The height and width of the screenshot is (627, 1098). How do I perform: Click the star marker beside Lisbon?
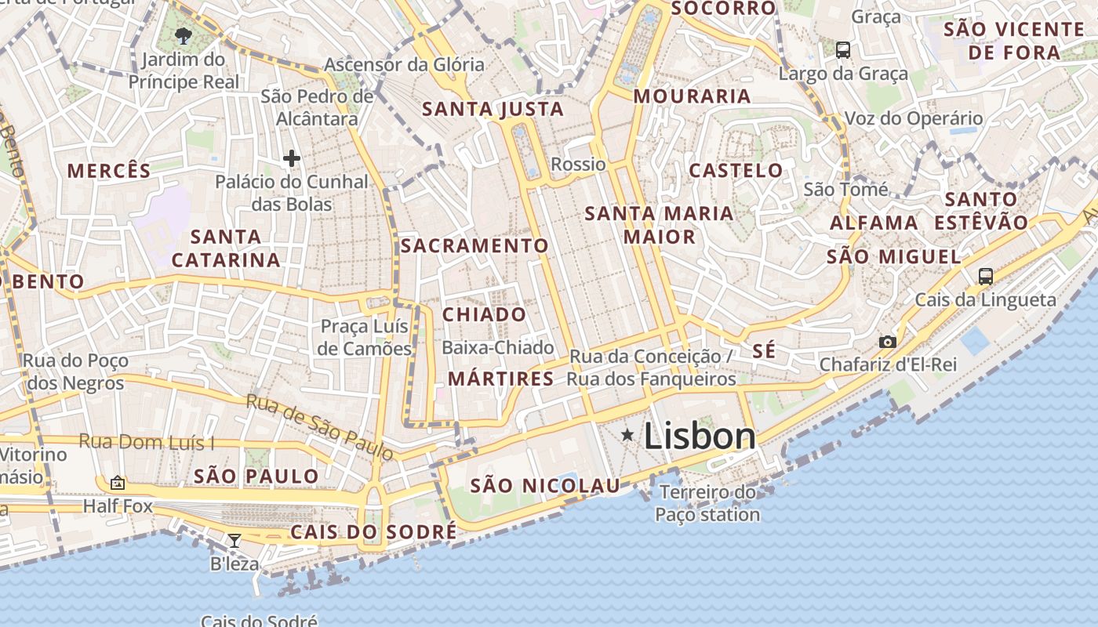click(627, 434)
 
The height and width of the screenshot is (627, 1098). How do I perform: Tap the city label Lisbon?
click(700, 437)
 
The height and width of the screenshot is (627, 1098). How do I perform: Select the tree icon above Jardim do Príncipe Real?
click(184, 35)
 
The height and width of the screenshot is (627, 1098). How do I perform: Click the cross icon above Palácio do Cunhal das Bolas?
click(292, 158)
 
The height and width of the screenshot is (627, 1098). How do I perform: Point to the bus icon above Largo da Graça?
click(843, 50)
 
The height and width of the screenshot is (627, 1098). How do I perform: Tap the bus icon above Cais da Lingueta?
click(986, 276)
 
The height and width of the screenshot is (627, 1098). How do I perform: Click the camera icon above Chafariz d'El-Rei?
click(888, 342)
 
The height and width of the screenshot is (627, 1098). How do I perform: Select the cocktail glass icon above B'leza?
click(235, 540)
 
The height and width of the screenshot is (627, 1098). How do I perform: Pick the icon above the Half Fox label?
click(118, 483)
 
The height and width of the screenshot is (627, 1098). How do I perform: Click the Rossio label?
click(579, 164)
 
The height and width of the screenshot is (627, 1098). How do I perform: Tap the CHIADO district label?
click(485, 314)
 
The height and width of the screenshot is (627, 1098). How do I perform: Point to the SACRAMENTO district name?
click(474, 245)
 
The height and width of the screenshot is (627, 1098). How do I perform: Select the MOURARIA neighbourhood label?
click(693, 96)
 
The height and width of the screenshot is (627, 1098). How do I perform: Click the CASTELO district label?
click(736, 170)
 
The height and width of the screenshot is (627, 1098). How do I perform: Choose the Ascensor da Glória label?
click(405, 64)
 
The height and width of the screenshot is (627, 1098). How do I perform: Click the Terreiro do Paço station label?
click(707, 503)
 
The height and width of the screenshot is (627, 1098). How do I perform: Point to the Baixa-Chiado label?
click(498, 347)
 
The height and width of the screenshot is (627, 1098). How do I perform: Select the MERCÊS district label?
click(109, 171)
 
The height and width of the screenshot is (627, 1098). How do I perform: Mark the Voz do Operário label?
click(913, 118)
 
